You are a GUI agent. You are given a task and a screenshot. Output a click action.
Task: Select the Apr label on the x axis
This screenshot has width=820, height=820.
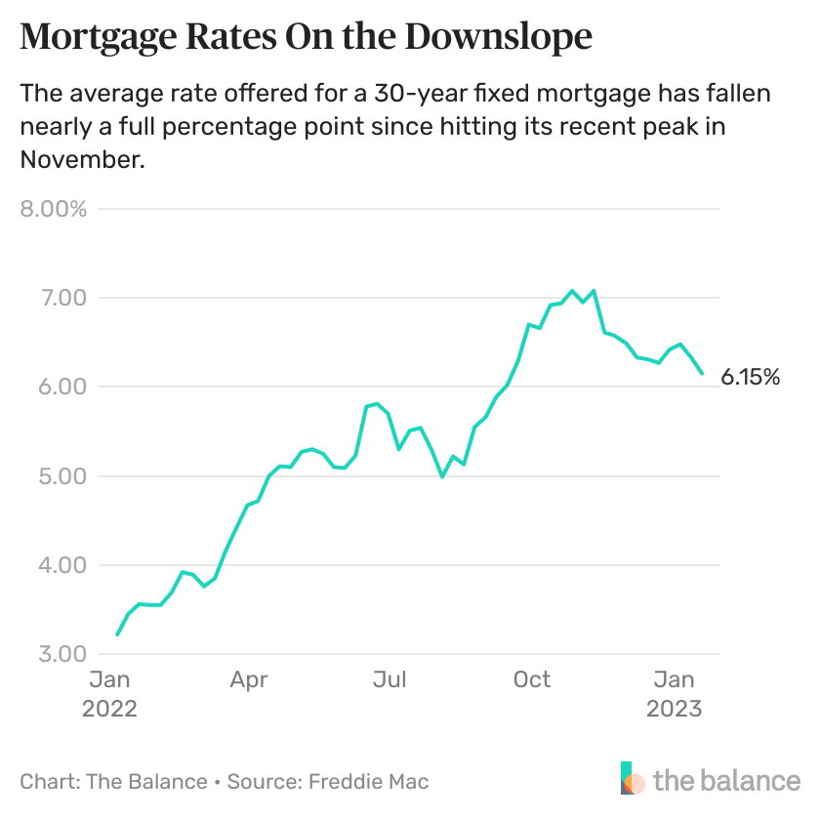[249, 679]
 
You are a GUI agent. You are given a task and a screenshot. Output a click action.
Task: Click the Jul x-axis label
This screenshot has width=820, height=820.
[390, 679]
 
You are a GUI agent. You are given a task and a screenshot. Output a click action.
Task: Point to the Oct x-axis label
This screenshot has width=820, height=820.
[532, 679]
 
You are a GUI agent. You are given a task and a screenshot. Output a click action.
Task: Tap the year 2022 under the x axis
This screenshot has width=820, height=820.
[109, 709]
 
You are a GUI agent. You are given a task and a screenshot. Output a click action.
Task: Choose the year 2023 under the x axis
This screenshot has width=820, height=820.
[674, 709]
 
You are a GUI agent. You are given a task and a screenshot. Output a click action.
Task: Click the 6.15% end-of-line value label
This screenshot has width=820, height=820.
[751, 377]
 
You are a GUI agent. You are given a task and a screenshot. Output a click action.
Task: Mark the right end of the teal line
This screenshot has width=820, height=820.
[702, 374]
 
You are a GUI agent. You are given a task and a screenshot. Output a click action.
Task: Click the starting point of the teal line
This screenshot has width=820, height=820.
[117, 635]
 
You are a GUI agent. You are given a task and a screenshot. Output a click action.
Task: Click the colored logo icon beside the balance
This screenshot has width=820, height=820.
[633, 779]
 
